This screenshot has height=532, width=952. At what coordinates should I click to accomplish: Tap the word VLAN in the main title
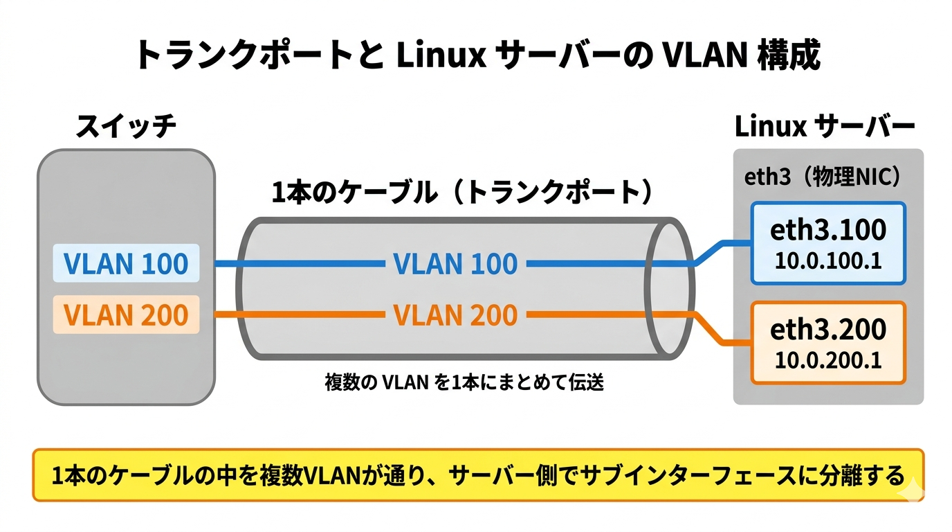pyautogui.click(x=704, y=55)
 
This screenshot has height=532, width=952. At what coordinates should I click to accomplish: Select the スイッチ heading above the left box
pyautogui.click(x=126, y=127)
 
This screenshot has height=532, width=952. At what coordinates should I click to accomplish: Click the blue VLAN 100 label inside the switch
pyautogui.click(x=126, y=264)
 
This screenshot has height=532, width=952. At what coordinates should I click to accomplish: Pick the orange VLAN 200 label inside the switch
pyautogui.click(x=126, y=315)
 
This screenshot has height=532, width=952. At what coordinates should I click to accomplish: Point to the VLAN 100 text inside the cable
pyautogui.click(x=455, y=264)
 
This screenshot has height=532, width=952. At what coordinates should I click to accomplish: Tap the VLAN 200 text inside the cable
pyautogui.click(x=455, y=316)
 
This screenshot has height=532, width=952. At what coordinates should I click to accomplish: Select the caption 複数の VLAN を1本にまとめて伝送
pyautogui.click(x=464, y=382)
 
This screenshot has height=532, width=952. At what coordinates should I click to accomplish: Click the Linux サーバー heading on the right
pyautogui.click(x=825, y=127)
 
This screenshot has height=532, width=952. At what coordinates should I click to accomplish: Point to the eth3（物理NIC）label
pyautogui.click(x=823, y=178)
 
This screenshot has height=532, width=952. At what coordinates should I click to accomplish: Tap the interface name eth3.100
pyautogui.click(x=828, y=231)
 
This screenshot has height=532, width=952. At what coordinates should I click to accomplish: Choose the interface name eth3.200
pyautogui.click(x=828, y=330)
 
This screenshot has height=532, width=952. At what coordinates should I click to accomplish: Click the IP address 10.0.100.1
pyautogui.click(x=828, y=261)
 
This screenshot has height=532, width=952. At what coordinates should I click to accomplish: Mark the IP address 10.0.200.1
pyautogui.click(x=828, y=360)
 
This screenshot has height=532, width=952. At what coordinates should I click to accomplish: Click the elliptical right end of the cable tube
pyautogui.click(x=669, y=289)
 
